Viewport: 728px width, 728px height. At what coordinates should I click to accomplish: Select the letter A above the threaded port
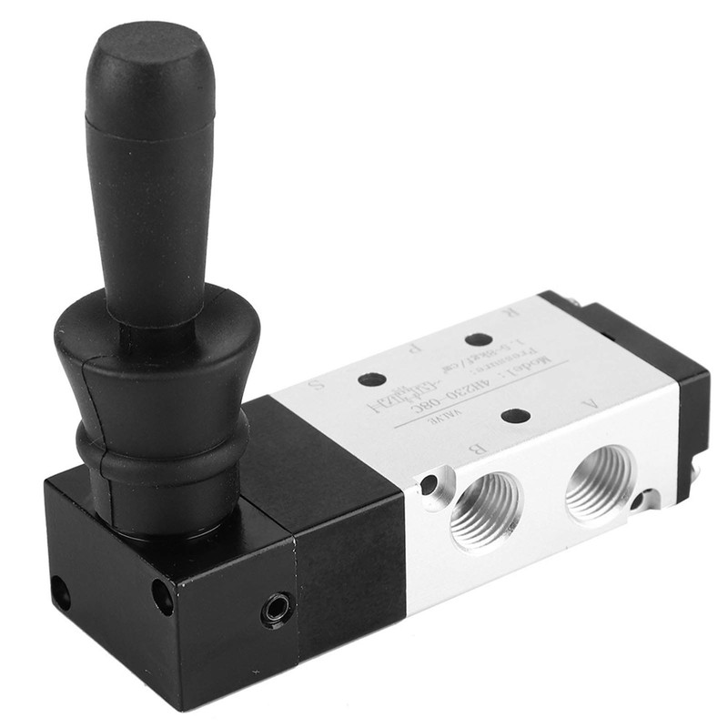pyautogui.click(x=592, y=401)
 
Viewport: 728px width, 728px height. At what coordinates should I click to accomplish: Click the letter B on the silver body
pyautogui.click(x=472, y=448)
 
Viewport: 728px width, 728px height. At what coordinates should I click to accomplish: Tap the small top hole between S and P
pyautogui.click(x=371, y=379)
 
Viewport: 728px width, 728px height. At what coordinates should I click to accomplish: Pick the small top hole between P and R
pyautogui.click(x=479, y=339)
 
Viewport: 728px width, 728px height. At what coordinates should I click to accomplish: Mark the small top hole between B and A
pyautogui.click(x=515, y=416)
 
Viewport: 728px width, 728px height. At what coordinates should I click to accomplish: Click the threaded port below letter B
pyautogui.click(x=486, y=511)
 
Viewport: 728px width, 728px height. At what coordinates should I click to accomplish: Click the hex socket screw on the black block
pyautogui.click(x=277, y=610)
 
